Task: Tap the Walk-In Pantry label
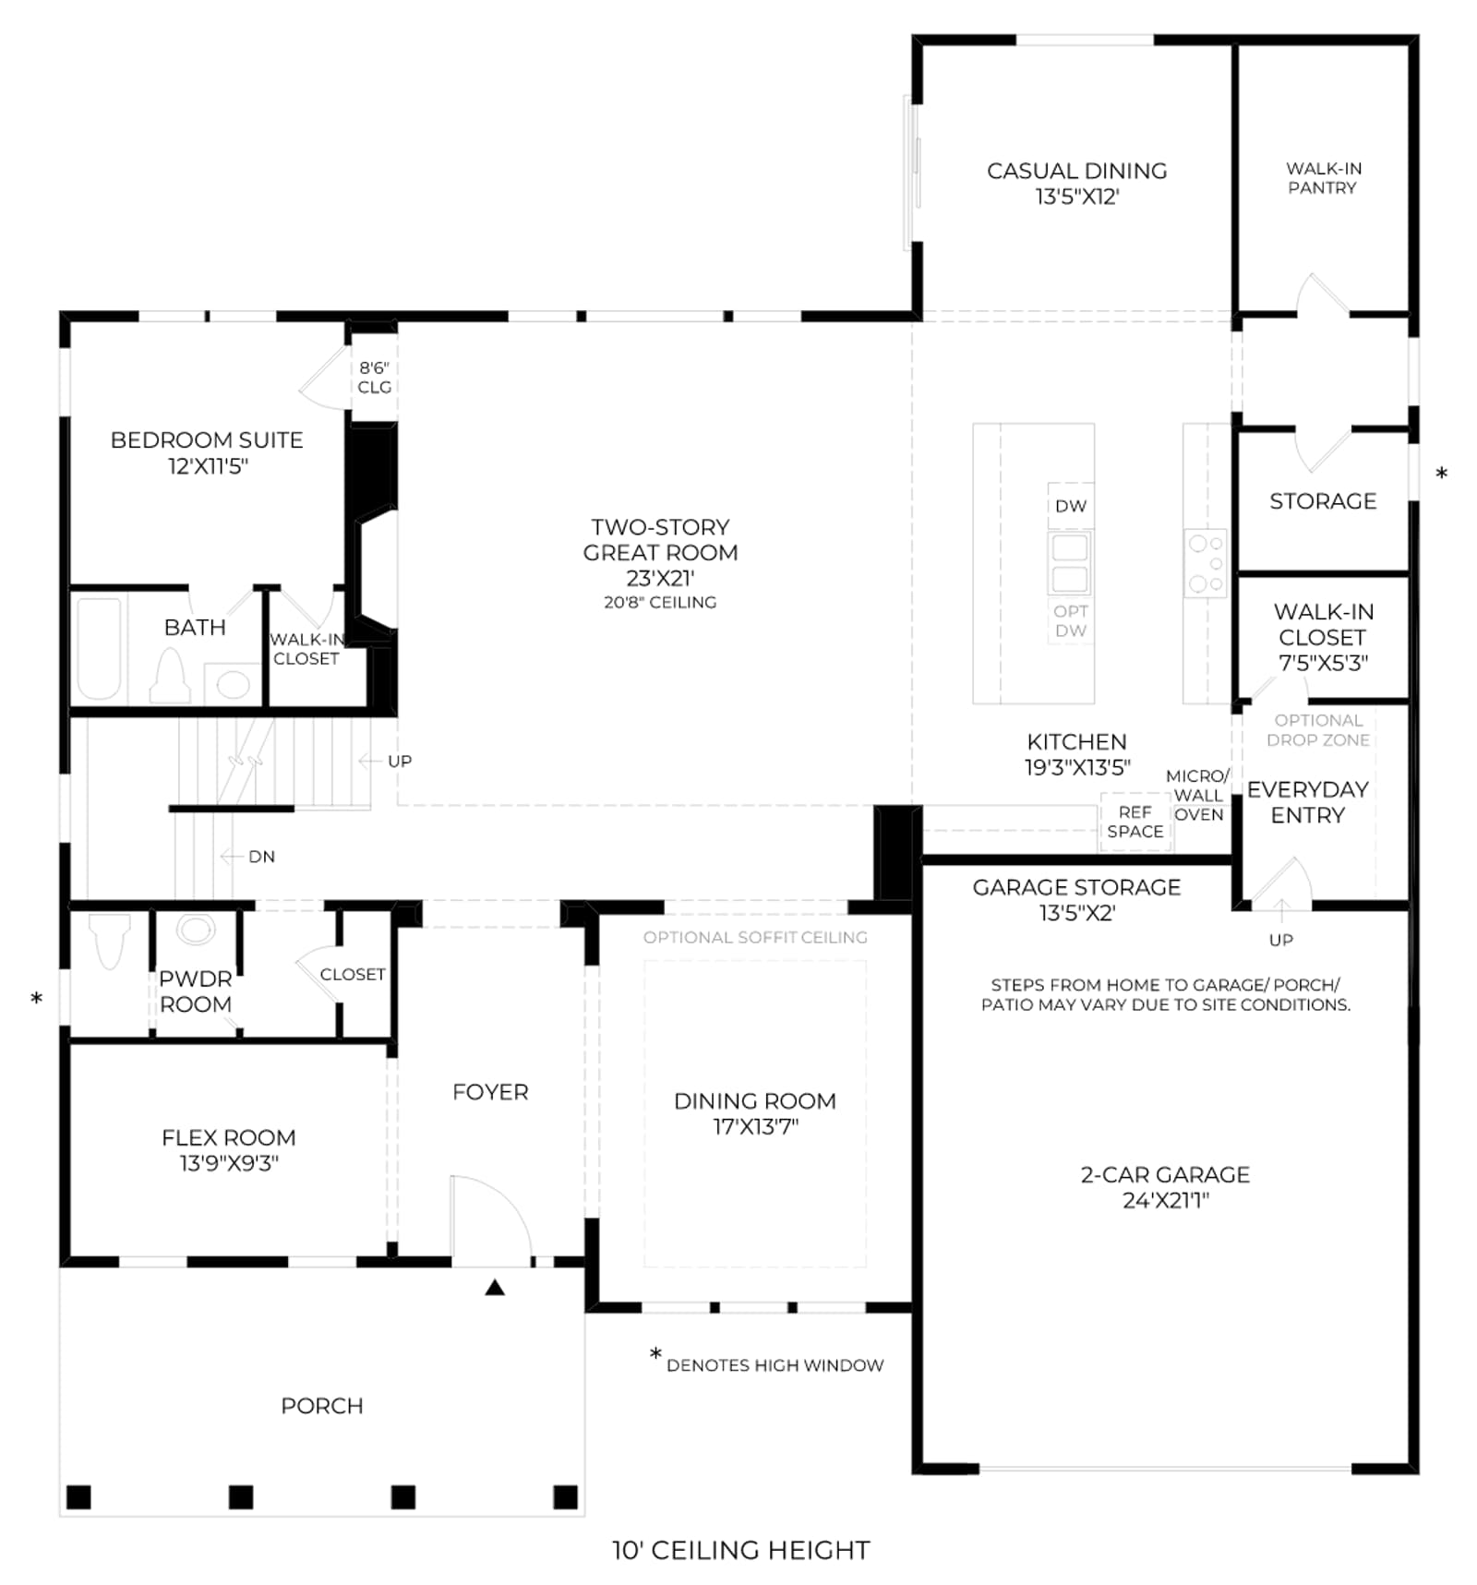1323,178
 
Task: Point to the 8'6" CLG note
374,378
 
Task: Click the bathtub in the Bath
99,648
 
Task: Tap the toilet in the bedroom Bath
171,675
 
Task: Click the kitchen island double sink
1070,563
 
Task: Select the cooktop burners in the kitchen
1206,563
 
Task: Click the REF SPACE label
1135,822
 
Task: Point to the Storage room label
1323,501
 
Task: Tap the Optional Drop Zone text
1318,730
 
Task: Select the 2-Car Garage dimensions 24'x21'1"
1166,1200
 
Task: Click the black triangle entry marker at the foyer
495,1288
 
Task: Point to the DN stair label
261,857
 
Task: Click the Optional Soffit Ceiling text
755,937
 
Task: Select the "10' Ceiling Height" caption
741,1550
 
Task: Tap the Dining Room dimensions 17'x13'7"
755,1126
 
